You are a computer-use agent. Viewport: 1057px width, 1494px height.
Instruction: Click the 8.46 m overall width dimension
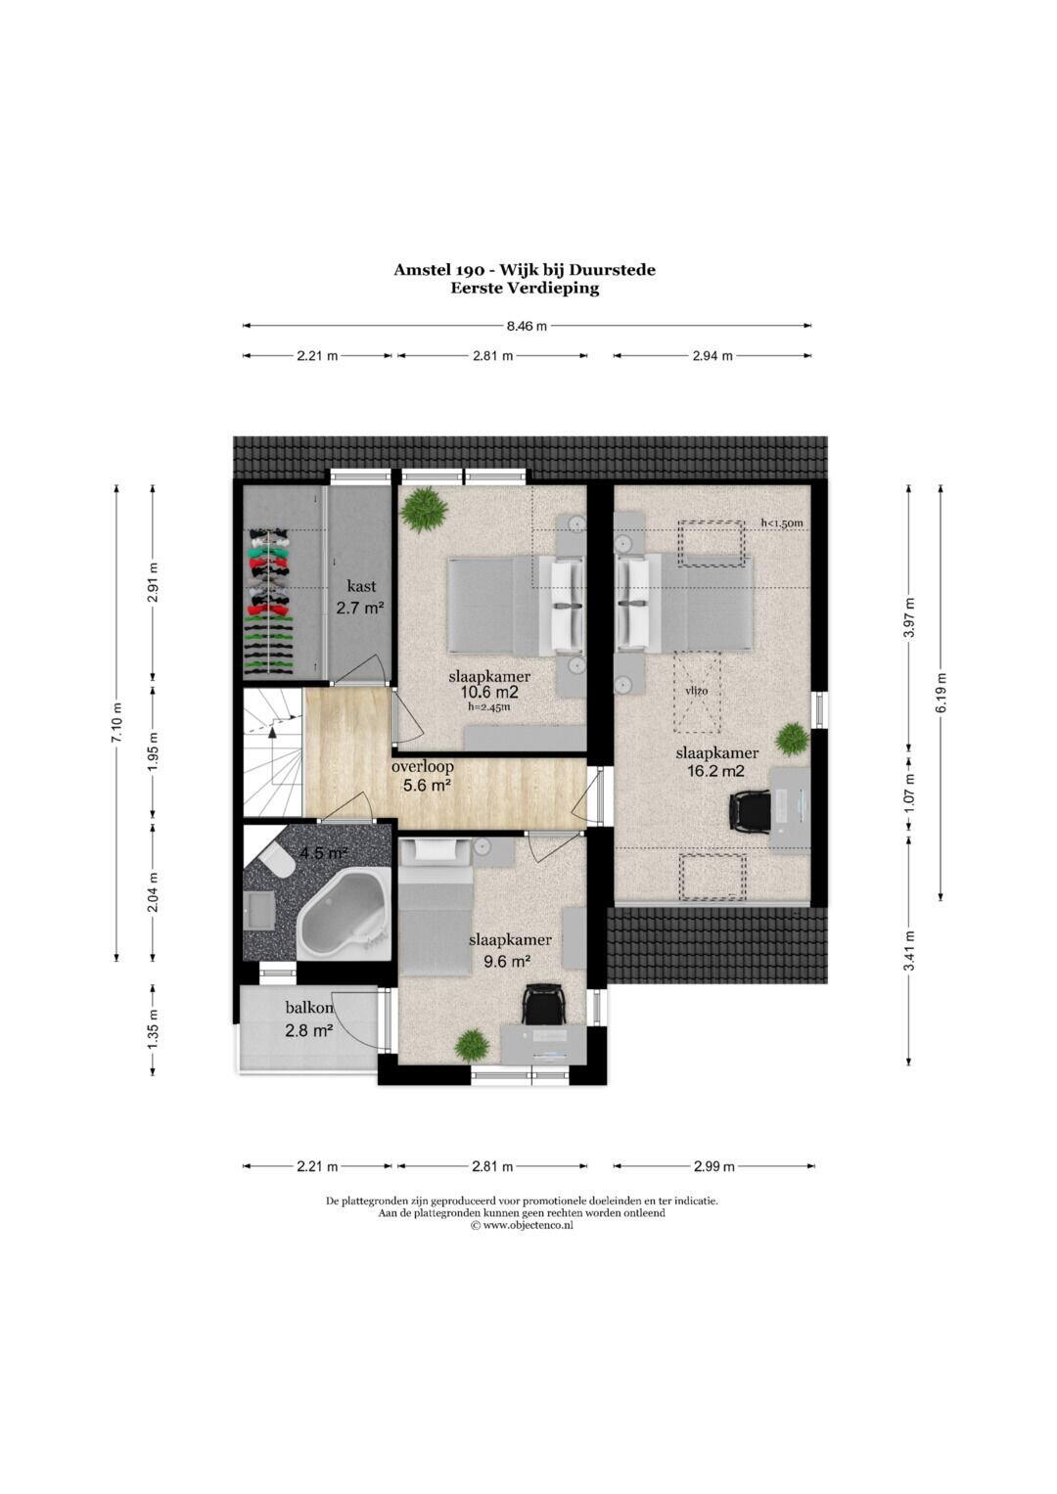point(528,326)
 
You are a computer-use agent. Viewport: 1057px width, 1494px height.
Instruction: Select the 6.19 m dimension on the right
point(941,693)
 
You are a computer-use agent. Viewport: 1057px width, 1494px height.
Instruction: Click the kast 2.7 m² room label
point(361,597)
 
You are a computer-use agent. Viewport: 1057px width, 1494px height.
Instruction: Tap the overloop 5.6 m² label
point(423,776)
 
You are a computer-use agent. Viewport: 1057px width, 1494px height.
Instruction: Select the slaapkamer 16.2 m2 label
point(716,762)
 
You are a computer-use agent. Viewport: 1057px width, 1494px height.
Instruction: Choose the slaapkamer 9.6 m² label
point(510,950)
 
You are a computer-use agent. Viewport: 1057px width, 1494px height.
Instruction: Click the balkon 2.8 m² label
point(309,1019)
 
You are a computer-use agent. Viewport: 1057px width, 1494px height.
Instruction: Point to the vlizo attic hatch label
point(696,691)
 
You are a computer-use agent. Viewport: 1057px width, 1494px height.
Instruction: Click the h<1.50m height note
point(781,522)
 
